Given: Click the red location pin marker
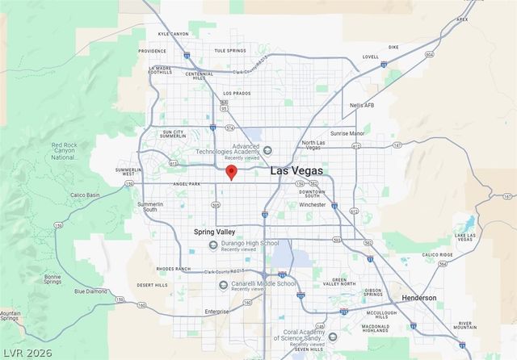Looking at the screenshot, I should coord(231,172).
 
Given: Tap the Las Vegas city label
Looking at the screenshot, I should coord(296,171).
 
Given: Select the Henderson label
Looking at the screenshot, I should coord(419,298).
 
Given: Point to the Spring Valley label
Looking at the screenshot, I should coord(215,232).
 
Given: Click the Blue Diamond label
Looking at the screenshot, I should coord(90,291).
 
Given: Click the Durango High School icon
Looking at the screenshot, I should coord(212,244).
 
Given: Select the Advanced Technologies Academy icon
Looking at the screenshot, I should coord(267,150).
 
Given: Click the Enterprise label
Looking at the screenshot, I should coord(216,311).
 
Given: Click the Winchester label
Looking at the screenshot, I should coord(312,205).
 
